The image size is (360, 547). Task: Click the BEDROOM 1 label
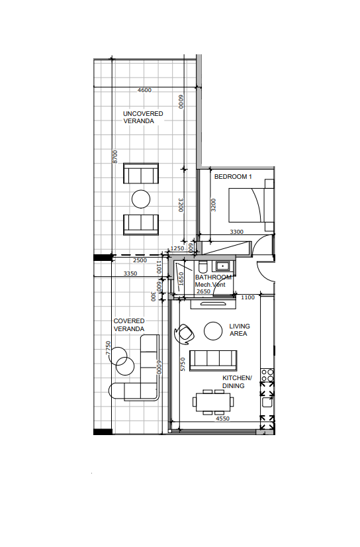(x=233, y=177)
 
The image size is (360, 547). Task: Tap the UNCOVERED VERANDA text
(x=143, y=117)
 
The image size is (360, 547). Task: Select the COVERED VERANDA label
(x=129, y=325)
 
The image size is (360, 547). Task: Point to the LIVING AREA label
(x=240, y=330)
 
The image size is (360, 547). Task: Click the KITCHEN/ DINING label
(x=237, y=382)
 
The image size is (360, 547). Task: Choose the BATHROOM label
(x=213, y=277)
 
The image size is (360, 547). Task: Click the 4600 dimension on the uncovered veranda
(x=144, y=90)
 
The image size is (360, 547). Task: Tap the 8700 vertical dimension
(x=115, y=157)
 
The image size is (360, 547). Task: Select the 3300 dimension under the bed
(x=237, y=232)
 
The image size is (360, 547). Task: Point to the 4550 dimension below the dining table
(x=223, y=419)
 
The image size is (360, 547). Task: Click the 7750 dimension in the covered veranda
(x=108, y=348)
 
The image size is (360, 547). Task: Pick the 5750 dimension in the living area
(x=183, y=364)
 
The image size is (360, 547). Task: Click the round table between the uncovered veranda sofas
(x=141, y=199)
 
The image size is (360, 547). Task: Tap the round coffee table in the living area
(x=213, y=330)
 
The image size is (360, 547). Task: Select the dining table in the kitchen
(x=213, y=402)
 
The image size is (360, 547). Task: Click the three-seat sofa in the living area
(x=213, y=360)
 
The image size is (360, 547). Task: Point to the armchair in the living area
(x=184, y=334)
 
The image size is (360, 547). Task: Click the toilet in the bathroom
(x=202, y=267)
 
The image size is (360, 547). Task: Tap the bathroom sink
(x=222, y=266)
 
